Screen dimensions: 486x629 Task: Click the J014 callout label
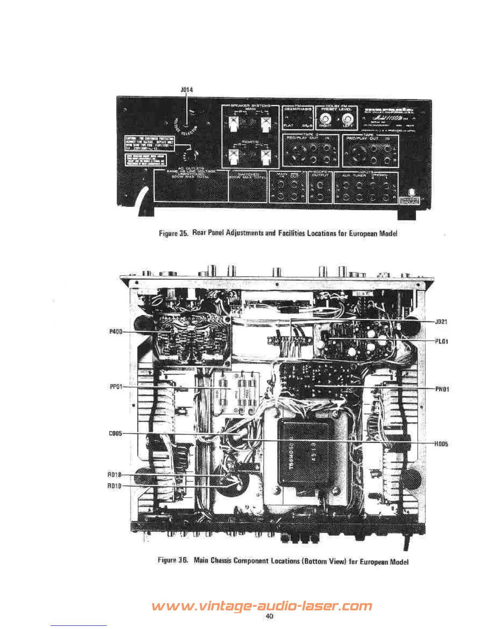(x=187, y=90)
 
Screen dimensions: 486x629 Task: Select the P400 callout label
(x=116, y=332)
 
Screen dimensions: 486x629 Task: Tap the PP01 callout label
(x=116, y=387)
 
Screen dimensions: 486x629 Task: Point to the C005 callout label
(x=116, y=434)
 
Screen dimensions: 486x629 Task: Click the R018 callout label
(x=114, y=475)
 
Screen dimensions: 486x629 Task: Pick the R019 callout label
(x=114, y=486)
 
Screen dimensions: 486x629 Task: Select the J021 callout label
(x=442, y=322)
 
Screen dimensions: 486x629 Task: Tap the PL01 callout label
(x=442, y=341)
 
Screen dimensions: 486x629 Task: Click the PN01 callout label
(x=442, y=389)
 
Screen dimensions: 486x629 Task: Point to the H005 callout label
(x=442, y=444)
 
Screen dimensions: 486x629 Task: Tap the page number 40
(x=269, y=616)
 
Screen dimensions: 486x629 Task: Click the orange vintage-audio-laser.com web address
(x=262, y=606)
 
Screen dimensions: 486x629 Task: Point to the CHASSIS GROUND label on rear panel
(x=409, y=201)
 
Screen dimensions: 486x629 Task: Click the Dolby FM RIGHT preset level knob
(x=326, y=118)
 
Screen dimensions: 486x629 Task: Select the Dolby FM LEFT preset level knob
(x=347, y=118)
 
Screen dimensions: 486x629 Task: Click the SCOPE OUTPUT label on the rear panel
(x=320, y=174)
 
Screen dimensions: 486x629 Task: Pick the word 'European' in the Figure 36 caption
(x=374, y=561)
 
